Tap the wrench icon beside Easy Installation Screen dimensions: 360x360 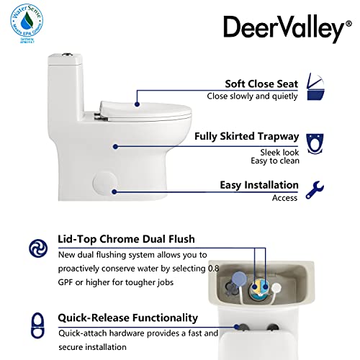click(x=315, y=189)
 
